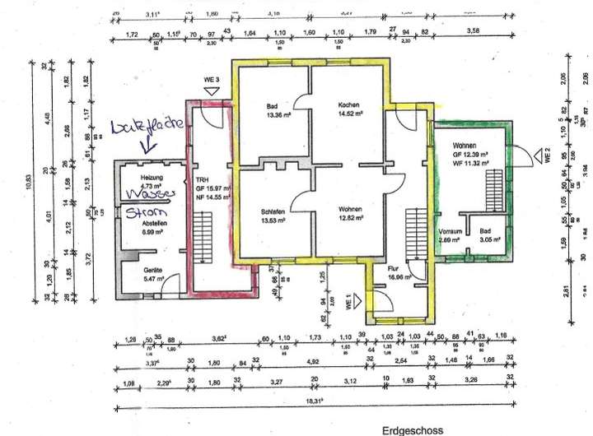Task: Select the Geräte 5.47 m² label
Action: tap(152, 276)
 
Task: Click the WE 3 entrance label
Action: tap(213, 80)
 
